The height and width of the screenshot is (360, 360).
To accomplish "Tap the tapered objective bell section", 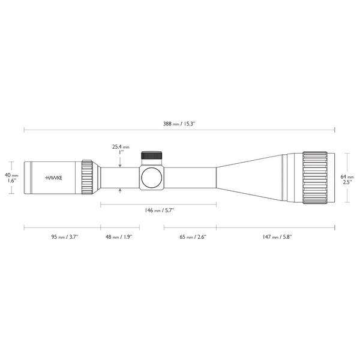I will [249, 178].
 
